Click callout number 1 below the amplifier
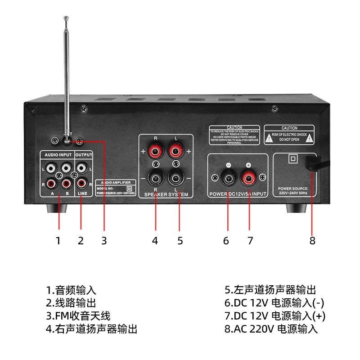[58, 241]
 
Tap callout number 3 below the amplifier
[104, 241]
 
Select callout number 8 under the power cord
[312, 241]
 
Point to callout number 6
[226, 241]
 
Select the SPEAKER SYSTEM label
[166, 194]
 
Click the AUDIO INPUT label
[57, 155]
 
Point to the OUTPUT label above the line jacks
[83, 155]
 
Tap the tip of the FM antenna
[66, 18]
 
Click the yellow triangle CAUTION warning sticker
[289, 135]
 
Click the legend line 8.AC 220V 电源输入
[271, 329]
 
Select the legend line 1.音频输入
[71, 290]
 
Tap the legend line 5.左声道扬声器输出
[270, 290]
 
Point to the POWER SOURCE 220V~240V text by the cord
[292, 191]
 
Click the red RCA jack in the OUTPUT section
[82, 184]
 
